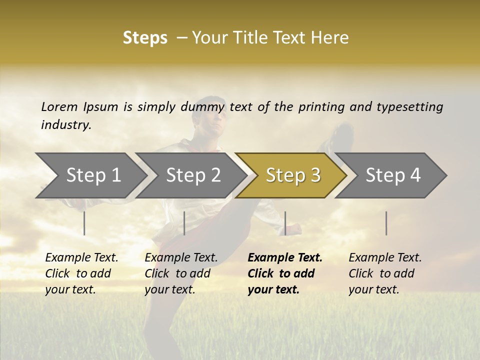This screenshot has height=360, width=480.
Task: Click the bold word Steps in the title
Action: click(145, 38)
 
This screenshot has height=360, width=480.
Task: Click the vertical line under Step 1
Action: click(84, 223)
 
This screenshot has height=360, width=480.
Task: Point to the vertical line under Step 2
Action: click(184, 223)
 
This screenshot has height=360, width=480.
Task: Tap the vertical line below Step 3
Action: click(285, 223)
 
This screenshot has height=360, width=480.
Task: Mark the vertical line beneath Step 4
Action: click(386, 223)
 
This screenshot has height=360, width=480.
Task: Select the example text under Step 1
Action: click(81, 273)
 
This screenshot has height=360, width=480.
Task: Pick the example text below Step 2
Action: click(181, 273)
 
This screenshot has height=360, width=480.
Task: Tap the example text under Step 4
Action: click(385, 273)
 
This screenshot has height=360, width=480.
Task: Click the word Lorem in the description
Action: click(59, 106)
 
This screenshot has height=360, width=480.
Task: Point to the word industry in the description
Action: click(66, 125)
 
